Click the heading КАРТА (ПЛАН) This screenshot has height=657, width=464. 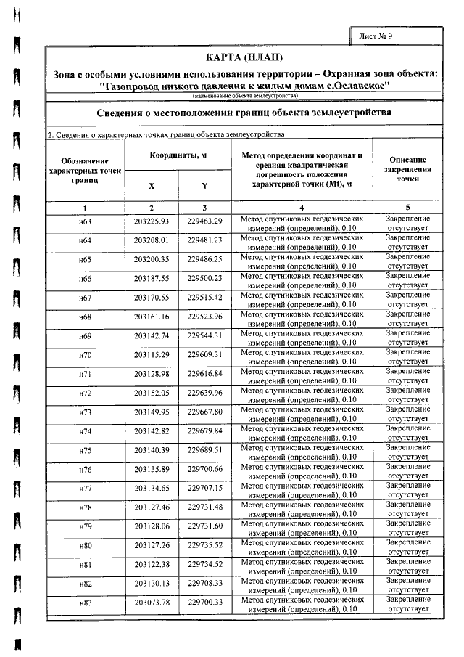coord(244,57)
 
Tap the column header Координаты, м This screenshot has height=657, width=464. coord(178,156)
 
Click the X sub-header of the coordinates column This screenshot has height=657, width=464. coord(152,186)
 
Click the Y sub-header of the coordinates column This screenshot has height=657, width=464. coord(204,186)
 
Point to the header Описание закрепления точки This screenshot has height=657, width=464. coord(408,169)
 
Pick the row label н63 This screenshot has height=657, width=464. coord(85,221)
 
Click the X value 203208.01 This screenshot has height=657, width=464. coord(152,240)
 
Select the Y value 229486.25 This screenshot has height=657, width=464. coord(204,259)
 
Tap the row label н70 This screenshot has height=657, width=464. coord(85,355)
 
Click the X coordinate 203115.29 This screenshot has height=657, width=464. coord(152,354)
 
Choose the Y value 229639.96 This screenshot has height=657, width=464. coord(204,393)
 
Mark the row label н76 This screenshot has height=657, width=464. coord(85,469)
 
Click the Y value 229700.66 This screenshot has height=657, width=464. coord(204,469)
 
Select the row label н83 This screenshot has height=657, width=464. coord(85,603)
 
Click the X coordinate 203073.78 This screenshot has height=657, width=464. coord(152,603)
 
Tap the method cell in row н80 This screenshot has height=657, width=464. coord(301,545)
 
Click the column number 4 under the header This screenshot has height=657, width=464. coord(301,208)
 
